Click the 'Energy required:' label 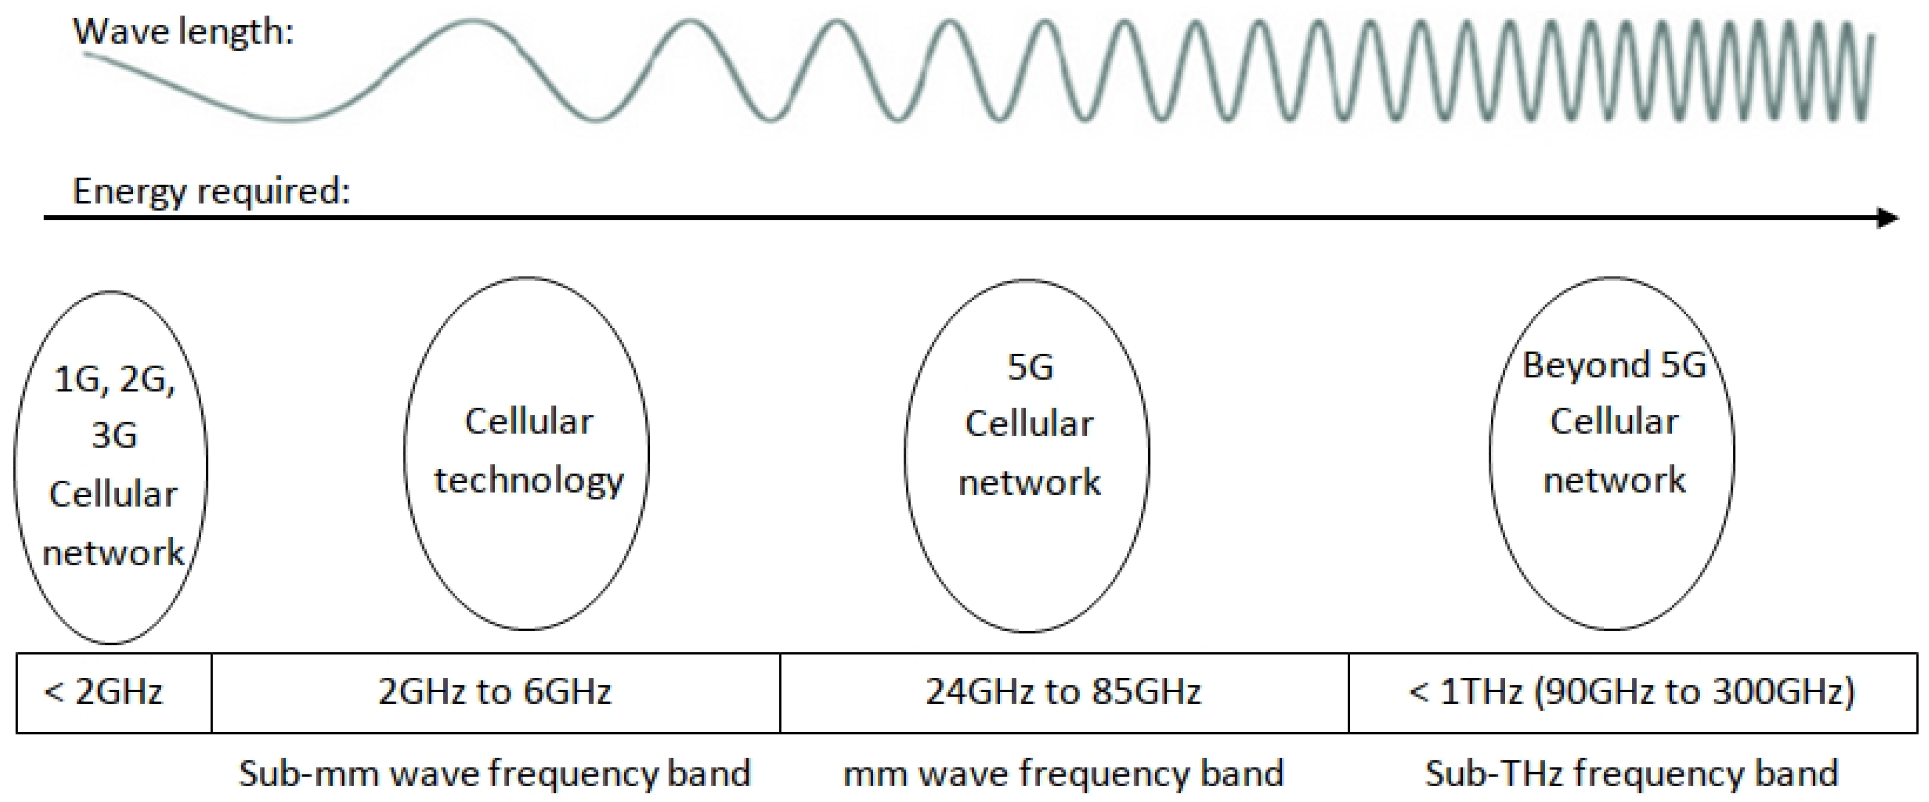point(211,192)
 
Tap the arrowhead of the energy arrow point(1887,218)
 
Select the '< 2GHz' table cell point(104,692)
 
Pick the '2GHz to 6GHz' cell point(495,692)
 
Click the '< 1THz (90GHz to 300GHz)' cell point(1632,692)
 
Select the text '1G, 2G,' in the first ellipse point(114,380)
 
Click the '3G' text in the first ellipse point(114,435)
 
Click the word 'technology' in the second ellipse point(529,481)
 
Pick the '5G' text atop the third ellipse point(1030,367)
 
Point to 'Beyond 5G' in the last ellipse point(1614,365)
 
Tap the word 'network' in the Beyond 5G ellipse point(1614,480)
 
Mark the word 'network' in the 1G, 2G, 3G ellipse point(113,553)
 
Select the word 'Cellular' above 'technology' point(529,422)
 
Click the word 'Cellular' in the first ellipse point(113,494)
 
